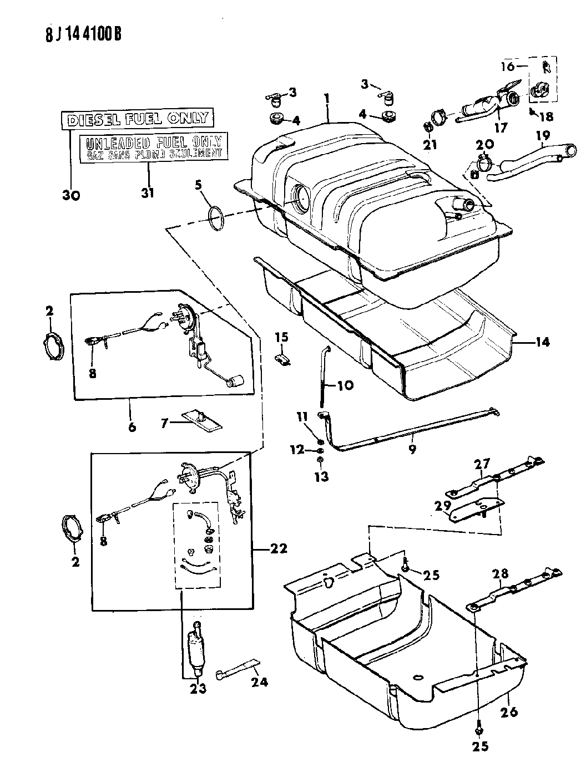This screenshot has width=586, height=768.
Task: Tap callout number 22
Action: [x=279, y=548]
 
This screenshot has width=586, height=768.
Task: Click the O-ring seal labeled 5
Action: [x=216, y=218]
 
